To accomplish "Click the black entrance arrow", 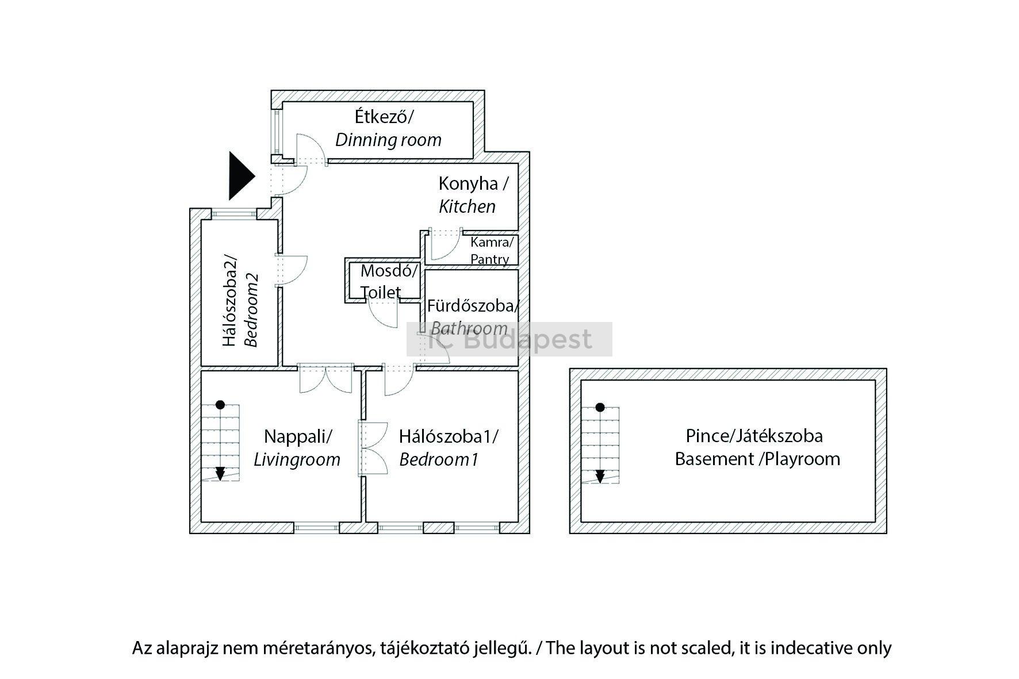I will pyautogui.click(x=240, y=176).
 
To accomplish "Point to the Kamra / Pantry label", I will pyautogui.click(x=491, y=251).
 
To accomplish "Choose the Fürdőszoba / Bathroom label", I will pyautogui.click(x=471, y=317).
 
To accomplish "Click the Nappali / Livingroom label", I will pyautogui.click(x=297, y=448).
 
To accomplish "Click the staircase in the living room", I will pyautogui.click(x=220, y=442).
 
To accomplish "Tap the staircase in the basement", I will pyautogui.click(x=600, y=444).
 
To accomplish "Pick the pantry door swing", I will pyautogui.click(x=444, y=244).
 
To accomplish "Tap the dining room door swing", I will pyautogui.click(x=311, y=149).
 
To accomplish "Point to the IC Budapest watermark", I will pyautogui.click(x=509, y=339).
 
